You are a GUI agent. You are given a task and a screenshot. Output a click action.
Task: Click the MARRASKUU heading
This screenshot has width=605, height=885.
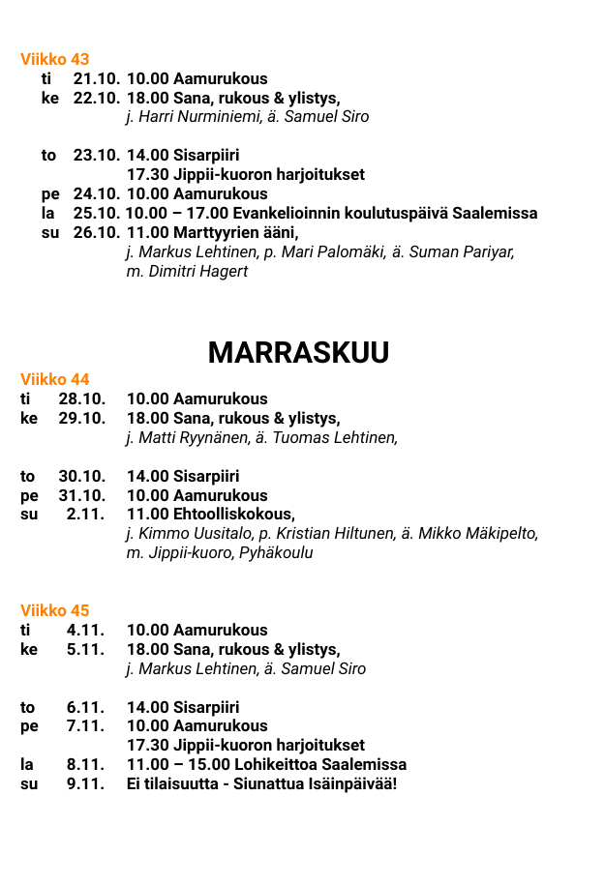pyautogui.click(x=298, y=353)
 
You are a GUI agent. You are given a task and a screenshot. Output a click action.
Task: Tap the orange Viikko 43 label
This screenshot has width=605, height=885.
pyautogui.click(x=55, y=60)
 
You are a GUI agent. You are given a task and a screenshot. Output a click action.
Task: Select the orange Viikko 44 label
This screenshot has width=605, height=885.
pyautogui.click(x=55, y=379)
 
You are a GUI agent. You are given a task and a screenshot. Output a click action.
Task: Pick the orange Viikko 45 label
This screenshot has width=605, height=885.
pyautogui.click(x=55, y=610)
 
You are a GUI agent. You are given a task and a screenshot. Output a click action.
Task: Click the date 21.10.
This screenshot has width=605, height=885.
pyautogui.click(x=97, y=79)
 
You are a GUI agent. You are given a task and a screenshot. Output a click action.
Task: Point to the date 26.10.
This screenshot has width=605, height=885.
pyautogui.click(x=97, y=233)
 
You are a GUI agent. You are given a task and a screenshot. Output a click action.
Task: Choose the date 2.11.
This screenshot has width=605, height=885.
pyautogui.click(x=86, y=515)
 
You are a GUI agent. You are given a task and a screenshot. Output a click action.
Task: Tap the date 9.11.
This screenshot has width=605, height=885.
pyautogui.click(x=86, y=783)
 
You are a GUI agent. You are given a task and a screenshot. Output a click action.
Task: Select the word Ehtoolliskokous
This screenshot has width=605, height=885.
pyautogui.click(x=232, y=515)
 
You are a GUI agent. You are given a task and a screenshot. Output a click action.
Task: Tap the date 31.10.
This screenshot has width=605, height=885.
pyautogui.click(x=82, y=495)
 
